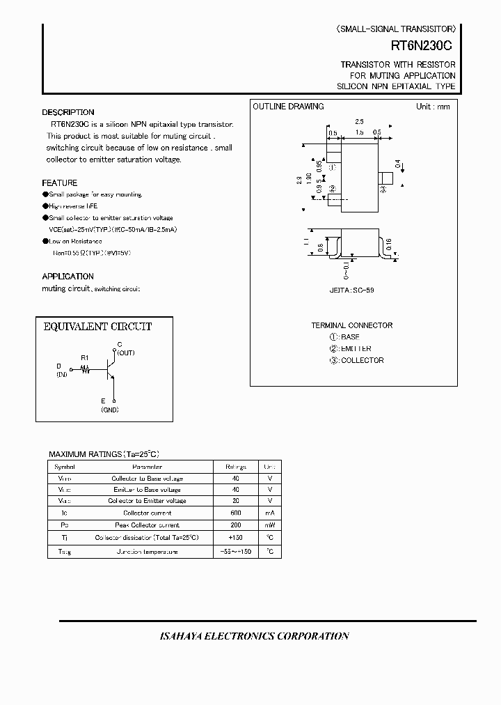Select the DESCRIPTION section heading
click(x=68, y=112)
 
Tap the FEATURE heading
click(x=60, y=183)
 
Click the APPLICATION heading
click(x=67, y=277)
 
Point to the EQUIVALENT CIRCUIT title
click(x=97, y=327)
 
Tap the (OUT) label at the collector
click(x=125, y=353)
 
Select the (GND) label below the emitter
click(x=109, y=410)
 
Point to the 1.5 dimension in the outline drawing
click(x=358, y=132)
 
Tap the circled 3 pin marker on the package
click(x=383, y=189)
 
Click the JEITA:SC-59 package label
click(x=351, y=290)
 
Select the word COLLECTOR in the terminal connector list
click(x=362, y=360)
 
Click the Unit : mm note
click(x=433, y=107)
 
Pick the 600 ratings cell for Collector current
click(x=235, y=513)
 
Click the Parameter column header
click(x=147, y=467)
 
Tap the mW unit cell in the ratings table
click(x=269, y=525)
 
